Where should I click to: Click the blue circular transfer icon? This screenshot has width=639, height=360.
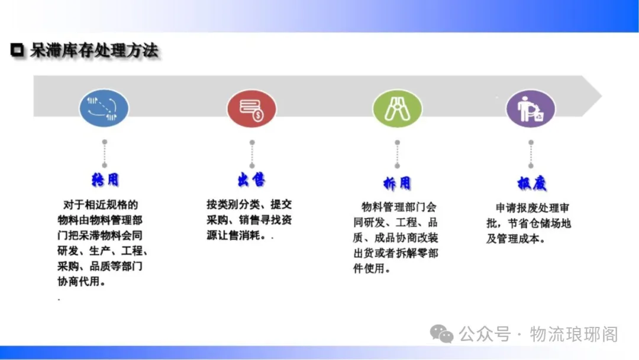click(x=104, y=108)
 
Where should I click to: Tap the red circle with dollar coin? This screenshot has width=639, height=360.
click(x=251, y=108)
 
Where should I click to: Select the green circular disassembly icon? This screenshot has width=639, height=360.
click(x=398, y=108)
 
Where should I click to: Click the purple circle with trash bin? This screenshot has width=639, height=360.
click(x=531, y=108)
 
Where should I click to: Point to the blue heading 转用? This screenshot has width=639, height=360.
click(x=105, y=179)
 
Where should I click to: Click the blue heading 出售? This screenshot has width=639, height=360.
click(x=251, y=179)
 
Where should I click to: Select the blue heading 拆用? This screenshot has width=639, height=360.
click(x=398, y=184)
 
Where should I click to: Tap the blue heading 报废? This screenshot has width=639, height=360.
click(x=532, y=184)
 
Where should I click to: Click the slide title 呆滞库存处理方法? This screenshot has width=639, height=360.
click(x=94, y=50)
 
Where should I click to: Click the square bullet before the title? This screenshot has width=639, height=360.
click(x=17, y=50)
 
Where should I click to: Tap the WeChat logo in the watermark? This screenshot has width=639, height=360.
click(x=442, y=334)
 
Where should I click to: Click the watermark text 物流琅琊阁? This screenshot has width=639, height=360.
click(x=574, y=335)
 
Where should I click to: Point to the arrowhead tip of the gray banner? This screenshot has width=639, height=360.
click(x=602, y=97)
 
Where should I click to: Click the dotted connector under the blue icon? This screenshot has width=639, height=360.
click(x=105, y=154)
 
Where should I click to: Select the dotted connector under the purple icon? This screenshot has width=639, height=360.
click(x=531, y=154)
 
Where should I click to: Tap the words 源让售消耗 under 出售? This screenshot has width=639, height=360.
click(x=233, y=235)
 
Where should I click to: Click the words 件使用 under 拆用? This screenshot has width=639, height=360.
click(x=369, y=268)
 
